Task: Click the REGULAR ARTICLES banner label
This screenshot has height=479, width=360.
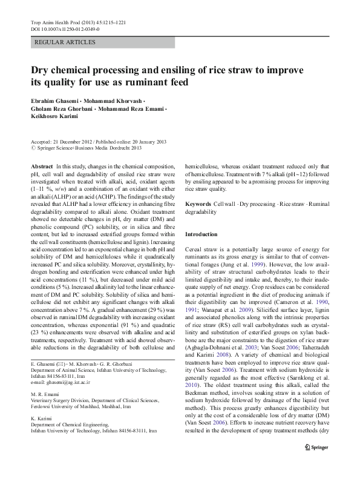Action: pos(65,42)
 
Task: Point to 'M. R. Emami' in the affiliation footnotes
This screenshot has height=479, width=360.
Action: pos(42,395)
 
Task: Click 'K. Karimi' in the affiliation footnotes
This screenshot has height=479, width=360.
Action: pos(40,418)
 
